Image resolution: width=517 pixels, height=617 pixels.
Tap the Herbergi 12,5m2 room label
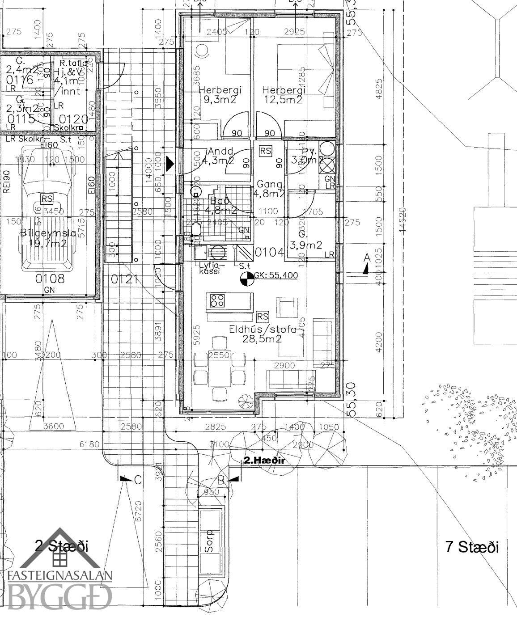click(282, 94)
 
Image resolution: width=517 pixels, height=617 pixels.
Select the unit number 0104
click(269, 253)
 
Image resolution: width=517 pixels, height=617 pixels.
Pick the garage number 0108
click(50, 279)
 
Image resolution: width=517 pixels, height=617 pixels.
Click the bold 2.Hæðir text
click(264, 460)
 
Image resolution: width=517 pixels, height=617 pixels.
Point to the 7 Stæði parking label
click(472, 547)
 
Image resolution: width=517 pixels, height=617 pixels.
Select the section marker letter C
click(137, 480)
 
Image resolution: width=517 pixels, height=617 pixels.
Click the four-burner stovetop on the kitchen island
click(218, 300)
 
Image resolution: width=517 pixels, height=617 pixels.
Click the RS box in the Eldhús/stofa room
click(263, 317)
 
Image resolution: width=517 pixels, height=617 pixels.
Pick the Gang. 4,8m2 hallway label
click(270, 189)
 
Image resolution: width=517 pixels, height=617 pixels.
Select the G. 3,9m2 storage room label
click(305, 240)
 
